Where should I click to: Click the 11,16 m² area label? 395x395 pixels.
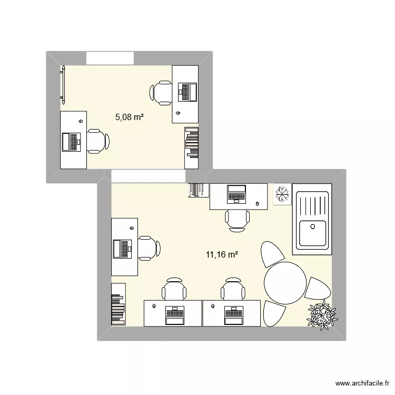[222, 255]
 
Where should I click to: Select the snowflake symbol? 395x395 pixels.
[282, 194]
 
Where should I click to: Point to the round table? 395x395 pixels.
[285, 282]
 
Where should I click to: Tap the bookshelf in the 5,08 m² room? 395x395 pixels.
[192, 142]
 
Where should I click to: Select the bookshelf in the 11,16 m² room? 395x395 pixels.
[118, 304]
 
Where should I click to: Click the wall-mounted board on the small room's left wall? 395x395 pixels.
[64, 83]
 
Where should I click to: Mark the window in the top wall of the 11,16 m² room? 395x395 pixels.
[147, 176]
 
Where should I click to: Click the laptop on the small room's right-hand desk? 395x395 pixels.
[187, 92]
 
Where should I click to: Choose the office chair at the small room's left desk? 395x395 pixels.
[97, 141]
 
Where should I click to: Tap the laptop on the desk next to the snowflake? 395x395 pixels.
[235, 194]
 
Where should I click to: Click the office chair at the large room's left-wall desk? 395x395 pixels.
[147, 248]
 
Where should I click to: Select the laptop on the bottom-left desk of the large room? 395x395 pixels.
[173, 315]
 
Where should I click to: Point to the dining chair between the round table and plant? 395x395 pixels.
[318, 289]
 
